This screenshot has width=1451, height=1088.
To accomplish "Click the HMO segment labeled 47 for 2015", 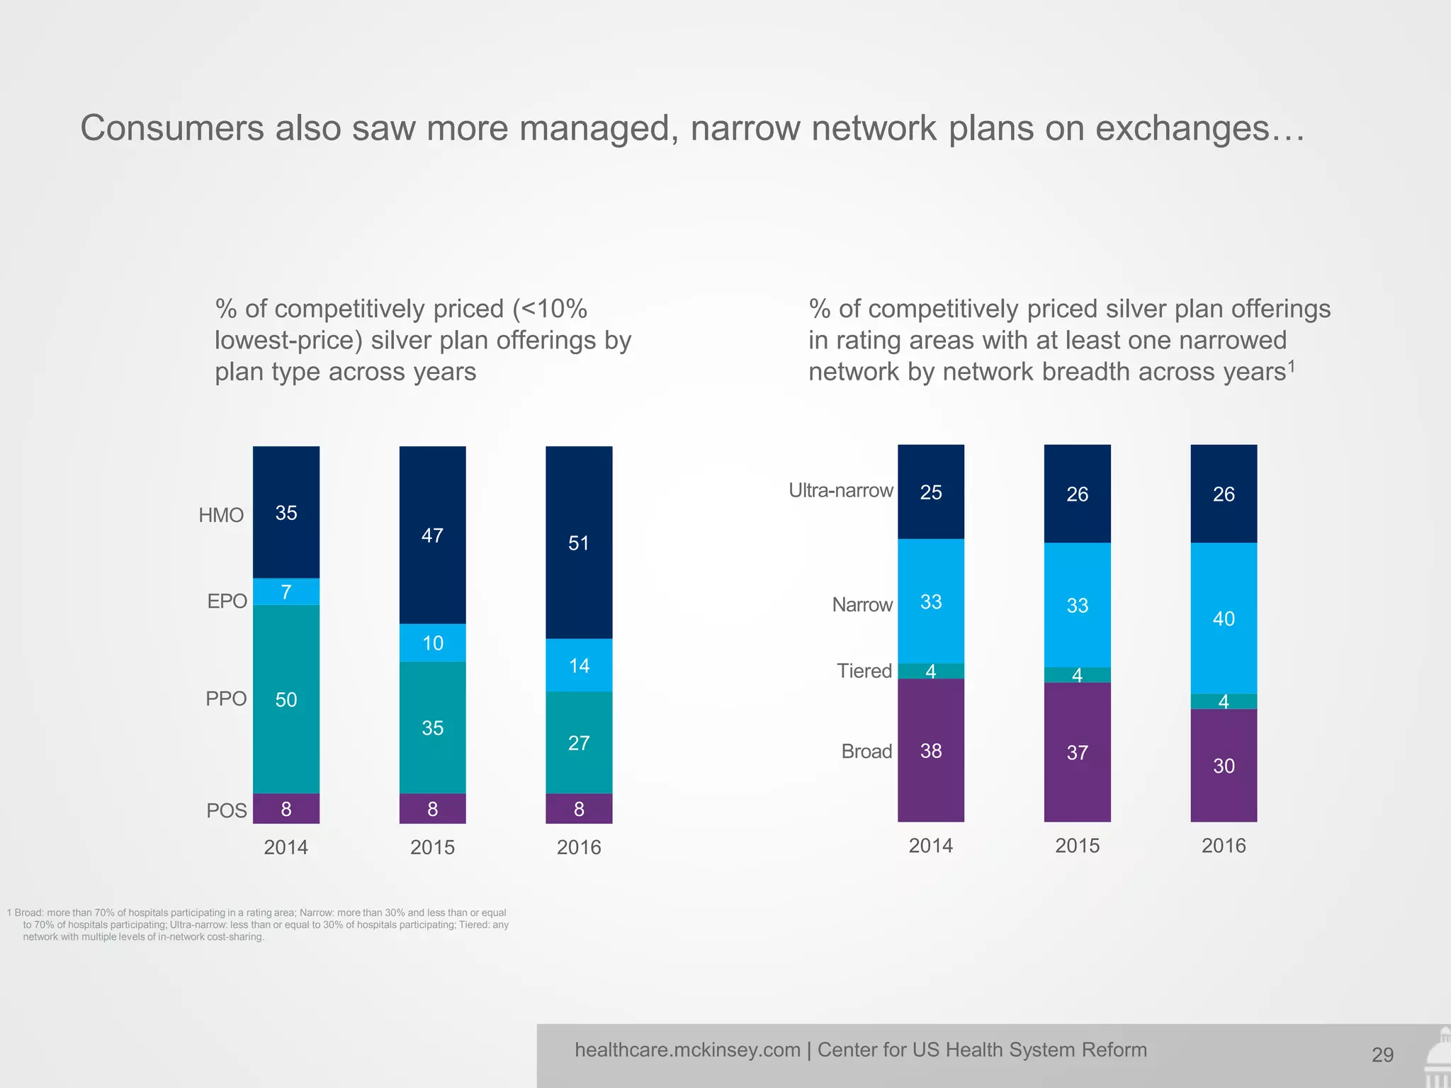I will (x=432, y=535).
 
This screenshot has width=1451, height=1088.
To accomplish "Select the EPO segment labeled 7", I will (x=286, y=591).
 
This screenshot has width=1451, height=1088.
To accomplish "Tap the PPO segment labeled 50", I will (x=286, y=699).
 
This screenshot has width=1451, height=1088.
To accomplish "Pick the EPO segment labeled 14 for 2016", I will (x=579, y=665).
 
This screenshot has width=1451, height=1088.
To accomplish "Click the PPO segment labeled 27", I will (x=579, y=742).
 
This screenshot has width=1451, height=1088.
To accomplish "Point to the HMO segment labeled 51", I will (x=579, y=543).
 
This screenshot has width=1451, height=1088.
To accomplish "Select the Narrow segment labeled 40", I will (x=1224, y=618).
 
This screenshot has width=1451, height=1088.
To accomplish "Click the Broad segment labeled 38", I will (x=931, y=751).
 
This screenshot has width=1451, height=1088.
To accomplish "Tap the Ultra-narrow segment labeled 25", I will (x=931, y=492).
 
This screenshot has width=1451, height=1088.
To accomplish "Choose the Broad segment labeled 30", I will (x=1224, y=766).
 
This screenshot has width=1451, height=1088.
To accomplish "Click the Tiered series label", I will (x=864, y=671).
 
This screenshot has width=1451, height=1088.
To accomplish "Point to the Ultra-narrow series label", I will (x=841, y=490).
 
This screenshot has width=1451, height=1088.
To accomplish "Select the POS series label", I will (x=226, y=810).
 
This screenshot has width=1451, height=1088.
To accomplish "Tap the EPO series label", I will (x=227, y=601).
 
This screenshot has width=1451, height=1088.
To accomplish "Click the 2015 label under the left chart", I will (x=432, y=847).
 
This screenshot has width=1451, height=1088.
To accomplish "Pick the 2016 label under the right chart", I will (x=1224, y=846).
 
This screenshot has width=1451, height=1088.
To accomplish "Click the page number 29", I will (x=1382, y=1055).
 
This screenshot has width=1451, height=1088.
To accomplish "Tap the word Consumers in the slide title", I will (x=171, y=129).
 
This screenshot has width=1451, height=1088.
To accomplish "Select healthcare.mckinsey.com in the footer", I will (x=687, y=1050).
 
